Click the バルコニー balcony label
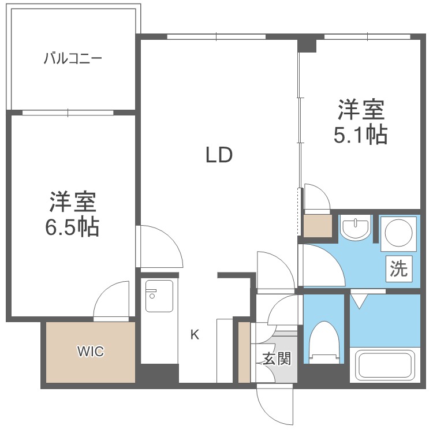point(73,58)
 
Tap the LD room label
point(219,155)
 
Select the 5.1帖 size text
point(361,135)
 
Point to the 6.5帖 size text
point(72,227)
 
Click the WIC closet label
point(91,352)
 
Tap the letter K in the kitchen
point(195,335)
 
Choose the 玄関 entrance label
point(277,359)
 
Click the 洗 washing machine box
point(399,268)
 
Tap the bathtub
point(385,364)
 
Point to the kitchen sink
point(159,296)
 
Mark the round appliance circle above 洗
point(398,233)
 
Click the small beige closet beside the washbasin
point(318,226)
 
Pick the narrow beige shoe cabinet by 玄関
point(244,352)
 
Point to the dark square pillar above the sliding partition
point(307,44)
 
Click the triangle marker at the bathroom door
point(359,301)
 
